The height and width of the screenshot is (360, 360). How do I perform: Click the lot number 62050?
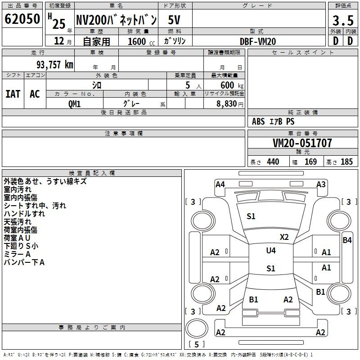click(22, 19)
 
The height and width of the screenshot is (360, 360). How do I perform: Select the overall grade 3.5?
click(343, 20)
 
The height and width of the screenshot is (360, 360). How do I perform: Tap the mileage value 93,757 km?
click(55, 65)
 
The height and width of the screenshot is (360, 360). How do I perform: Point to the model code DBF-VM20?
click(258, 41)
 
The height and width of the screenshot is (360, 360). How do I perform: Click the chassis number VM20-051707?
click(302, 143)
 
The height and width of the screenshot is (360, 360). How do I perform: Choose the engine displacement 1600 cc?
click(141, 41)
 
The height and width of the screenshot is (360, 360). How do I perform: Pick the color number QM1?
click(74, 104)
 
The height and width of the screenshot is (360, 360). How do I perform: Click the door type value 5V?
click(174, 20)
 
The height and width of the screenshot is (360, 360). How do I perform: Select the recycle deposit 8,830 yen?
click(230, 104)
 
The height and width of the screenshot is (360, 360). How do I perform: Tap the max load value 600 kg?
click(232, 85)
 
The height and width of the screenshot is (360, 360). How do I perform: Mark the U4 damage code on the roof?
click(271, 251)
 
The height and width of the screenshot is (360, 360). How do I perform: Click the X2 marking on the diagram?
click(284, 237)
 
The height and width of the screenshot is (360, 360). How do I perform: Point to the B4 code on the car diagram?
click(347, 240)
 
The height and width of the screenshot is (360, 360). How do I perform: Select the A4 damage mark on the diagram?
click(220, 184)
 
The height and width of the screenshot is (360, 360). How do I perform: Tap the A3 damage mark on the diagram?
click(321, 184)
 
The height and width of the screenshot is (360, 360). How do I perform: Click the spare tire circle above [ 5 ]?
click(197, 328)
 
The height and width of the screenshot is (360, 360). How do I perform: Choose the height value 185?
click(346, 162)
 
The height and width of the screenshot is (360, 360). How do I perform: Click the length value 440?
click(273, 162)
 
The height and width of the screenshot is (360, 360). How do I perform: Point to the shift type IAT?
click(13, 94)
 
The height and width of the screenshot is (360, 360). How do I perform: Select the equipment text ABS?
click(258, 121)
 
